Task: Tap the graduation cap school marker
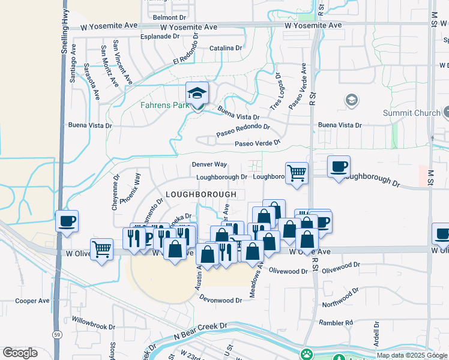coord(196,94)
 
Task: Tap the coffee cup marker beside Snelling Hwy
coord(67,221)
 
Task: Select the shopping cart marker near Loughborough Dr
coord(297,173)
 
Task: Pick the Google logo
coord(20,353)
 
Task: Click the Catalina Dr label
coord(226,48)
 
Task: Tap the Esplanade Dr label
coord(160,36)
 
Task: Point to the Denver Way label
coord(209,164)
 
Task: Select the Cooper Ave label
coord(32,301)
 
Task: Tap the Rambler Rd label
coord(336,323)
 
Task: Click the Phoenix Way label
coord(130,189)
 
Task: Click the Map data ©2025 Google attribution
coord(412,355)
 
